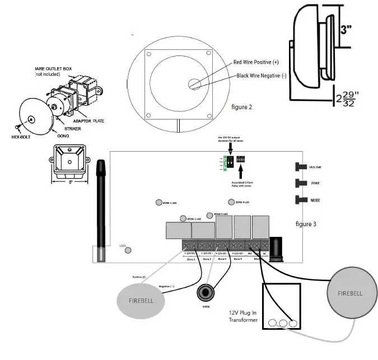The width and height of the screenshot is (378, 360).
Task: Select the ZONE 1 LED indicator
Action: [x=158, y=203]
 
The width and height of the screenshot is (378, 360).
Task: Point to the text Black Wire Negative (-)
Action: [x=261, y=76]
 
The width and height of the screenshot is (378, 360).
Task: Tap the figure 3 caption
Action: [x=306, y=224]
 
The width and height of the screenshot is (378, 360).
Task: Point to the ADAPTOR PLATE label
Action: [x=88, y=120]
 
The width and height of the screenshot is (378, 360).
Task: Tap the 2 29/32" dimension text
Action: [x=348, y=99]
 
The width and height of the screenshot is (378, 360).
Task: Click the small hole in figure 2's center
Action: [x=194, y=85]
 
